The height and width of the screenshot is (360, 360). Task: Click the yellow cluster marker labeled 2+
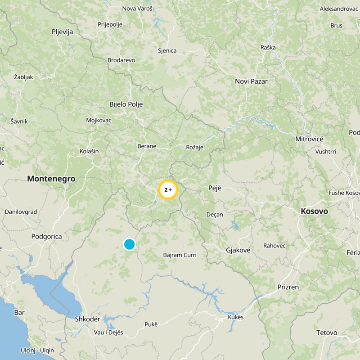pyautogui.click(x=168, y=190)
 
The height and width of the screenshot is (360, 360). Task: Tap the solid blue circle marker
pyautogui.click(x=129, y=244)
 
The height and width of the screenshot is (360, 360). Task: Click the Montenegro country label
pyautogui.click(x=51, y=179)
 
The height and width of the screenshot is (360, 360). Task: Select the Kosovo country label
pyautogui.click(x=314, y=211)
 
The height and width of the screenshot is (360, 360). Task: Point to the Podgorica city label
pyautogui.click(x=46, y=236)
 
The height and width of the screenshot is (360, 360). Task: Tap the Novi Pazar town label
pyautogui.click(x=251, y=81)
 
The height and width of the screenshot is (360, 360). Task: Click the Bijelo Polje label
pyautogui.click(x=126, y=104)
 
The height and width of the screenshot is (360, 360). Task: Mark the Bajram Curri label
pyautogui.click(x=180, y=255)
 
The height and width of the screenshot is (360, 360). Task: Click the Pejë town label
pyautogui.click(x=215, y=188)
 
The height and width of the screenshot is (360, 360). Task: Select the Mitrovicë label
pyautogui.click(x=309, y=139)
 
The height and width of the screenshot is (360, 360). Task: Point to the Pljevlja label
pyautogui.click(x=63, y=31)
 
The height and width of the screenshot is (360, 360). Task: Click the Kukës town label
pyautogui.click(x=235, y=317)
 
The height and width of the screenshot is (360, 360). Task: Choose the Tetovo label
pyautogui.click(x=327, y=333)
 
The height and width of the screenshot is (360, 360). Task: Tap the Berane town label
pyautogui.click(x=147, y=146)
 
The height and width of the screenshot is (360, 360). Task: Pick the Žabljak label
pyautogui.click(x=23, y=77)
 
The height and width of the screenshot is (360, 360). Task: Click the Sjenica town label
pyautogui.click(x=167, y=51)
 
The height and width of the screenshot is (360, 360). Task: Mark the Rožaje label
pyautogui.click(x=195, y=147)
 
